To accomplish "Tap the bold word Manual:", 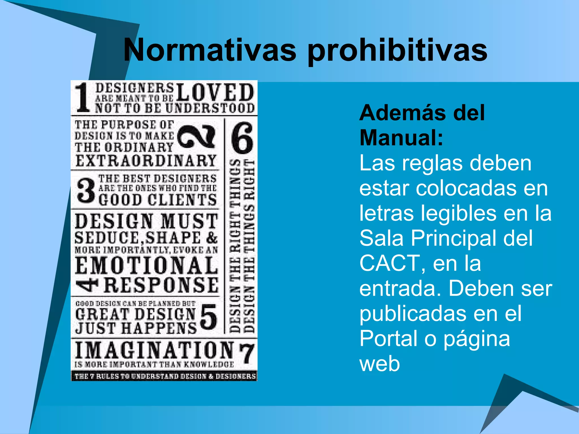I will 401,138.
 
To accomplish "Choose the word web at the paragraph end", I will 379,364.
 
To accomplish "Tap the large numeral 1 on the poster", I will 83,97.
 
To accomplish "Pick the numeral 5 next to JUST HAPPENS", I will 209,317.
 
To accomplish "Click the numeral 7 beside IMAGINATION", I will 247,353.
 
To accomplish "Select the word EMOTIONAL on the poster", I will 146,265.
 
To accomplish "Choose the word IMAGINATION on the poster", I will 154,350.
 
